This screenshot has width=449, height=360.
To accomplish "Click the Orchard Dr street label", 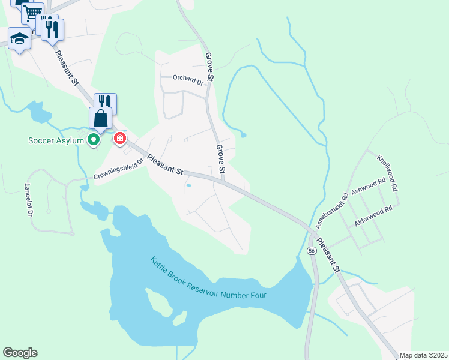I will [188, 77].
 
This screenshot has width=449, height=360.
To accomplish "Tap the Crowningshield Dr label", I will [119, 169].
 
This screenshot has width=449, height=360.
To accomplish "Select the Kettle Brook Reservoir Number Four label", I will [208, 280].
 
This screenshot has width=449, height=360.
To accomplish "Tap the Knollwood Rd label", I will [387, 173].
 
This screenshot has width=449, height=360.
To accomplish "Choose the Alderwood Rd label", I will [373, 216].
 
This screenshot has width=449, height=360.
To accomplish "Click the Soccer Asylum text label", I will [56, 142].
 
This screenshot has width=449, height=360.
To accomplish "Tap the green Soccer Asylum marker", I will [94, 140].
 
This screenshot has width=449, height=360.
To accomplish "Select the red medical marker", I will [120, 139].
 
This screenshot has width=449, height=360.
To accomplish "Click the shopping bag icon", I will [100, 118].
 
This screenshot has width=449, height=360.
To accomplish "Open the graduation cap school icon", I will [20, 39].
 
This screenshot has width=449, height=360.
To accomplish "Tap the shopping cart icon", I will [32, 12].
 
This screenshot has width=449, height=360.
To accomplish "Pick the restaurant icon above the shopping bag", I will [105, 102].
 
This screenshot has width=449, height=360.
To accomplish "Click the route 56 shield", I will [311, 250].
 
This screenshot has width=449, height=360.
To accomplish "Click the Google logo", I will [20, 353].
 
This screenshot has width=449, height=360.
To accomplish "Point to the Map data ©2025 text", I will [423, 355].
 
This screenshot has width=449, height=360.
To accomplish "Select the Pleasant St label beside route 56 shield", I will [329, 254].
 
